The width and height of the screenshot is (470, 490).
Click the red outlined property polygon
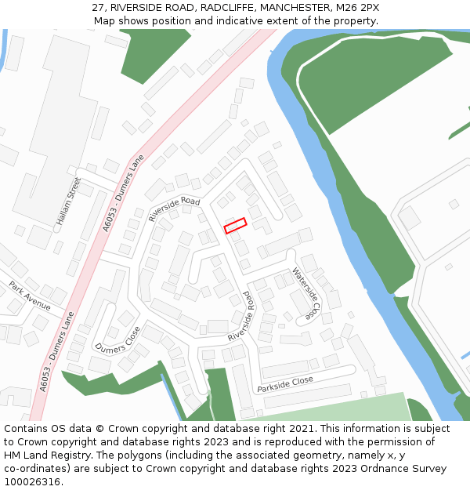235,226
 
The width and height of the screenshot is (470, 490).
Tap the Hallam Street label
68,201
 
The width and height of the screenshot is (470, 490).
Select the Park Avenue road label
30,296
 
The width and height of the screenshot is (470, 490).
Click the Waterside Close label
306,292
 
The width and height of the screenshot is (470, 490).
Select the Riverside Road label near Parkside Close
242,317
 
